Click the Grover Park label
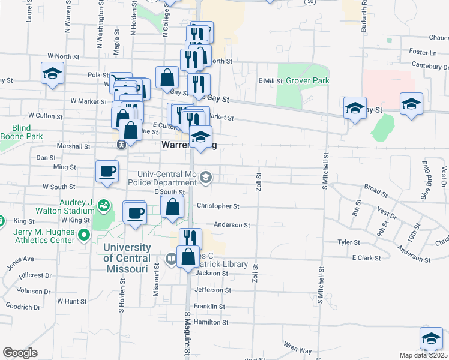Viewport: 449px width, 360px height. (x=308, y=80)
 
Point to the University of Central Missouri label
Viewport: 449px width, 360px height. (x=127, y=258)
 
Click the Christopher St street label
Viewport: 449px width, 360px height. (x=218, y=206)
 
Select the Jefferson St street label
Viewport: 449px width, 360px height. (x=212, y=290)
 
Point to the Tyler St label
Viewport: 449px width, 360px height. (x=348, y=242)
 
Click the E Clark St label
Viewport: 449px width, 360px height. (x=367, y=257)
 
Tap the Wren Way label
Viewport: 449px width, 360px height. (x=298, y=347)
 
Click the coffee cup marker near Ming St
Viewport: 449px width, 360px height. (x=107, y=172)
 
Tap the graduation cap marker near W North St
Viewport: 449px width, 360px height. (x=53, y=74)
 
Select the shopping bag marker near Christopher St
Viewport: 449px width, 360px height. (x=172, y=206)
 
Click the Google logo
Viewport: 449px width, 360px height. (x=20, y=352)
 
